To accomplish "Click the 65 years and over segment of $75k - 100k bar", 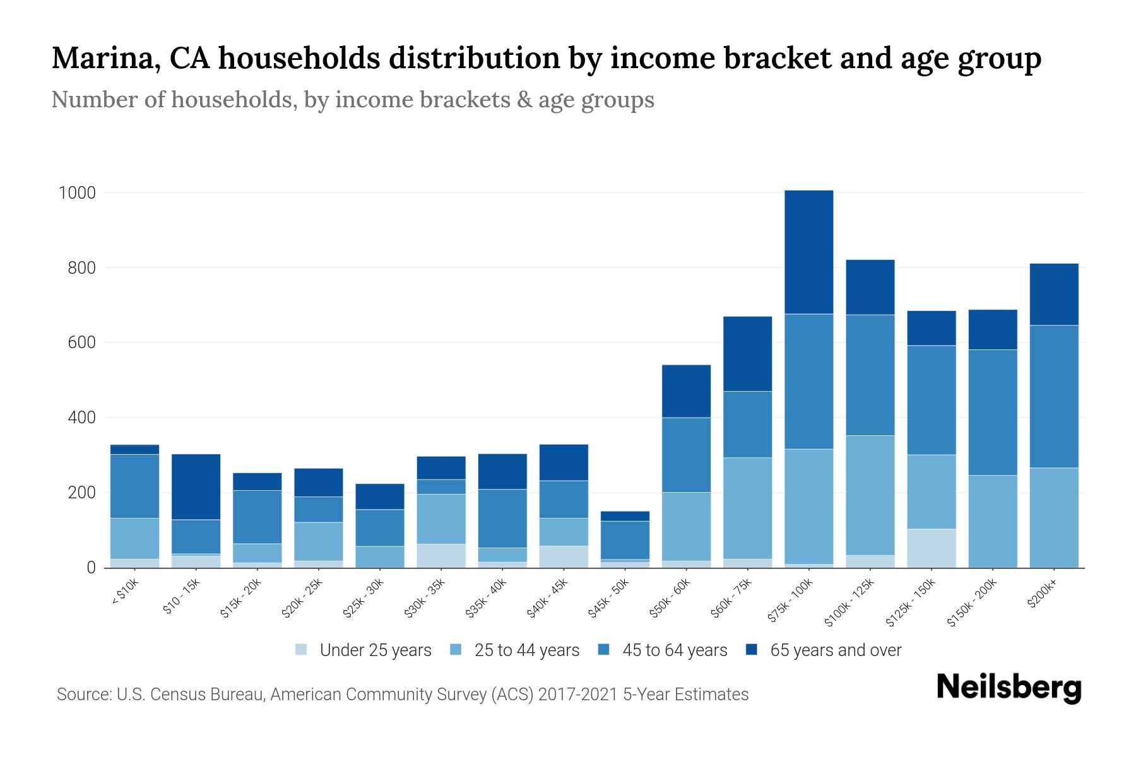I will (808, 252).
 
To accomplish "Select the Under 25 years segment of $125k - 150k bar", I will (931, 548).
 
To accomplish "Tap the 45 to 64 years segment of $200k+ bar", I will (1053, 396).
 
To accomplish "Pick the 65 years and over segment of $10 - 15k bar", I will (196, 486).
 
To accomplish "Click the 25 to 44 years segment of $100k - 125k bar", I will (870, 495).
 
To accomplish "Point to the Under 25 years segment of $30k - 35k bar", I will (441, 555).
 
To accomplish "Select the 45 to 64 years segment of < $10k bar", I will (134, 486).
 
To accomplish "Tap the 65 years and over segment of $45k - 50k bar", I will (625, 516).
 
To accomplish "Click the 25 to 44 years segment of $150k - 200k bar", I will (992, 521).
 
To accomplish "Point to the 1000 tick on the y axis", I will (77, 192).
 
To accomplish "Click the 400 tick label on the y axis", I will (77, 418).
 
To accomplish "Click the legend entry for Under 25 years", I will (375, 650).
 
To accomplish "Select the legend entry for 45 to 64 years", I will (674, 650).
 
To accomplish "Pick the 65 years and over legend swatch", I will (752, 650).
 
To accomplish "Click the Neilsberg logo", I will (1009, 688).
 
